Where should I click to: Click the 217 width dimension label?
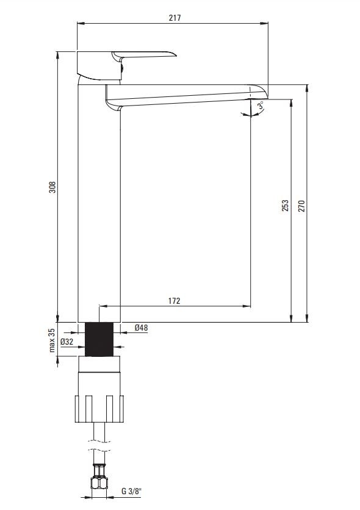pos(175,18)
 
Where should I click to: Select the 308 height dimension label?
pos(52,187)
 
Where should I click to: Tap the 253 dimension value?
pos(285,206)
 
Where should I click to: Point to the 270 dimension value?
pos(301,206)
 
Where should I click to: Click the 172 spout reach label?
pos(174,301)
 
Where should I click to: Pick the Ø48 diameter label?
pos(141,328)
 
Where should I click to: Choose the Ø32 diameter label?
pos(67,342)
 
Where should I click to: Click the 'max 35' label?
pos(52,340)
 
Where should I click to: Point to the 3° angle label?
pos(261,106)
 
